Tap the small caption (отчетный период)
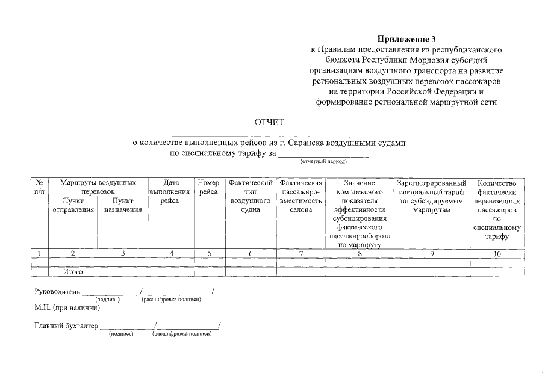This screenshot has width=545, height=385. [x=323, y=162]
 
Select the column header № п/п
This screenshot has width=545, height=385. [x=39, y=186]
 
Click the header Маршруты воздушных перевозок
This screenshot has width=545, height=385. [x=98, y=186]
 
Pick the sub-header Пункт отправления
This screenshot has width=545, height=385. [x=73, y=205]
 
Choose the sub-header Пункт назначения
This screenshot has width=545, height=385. [x=122, y=205]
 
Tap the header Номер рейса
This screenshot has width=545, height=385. [x=208, y=186]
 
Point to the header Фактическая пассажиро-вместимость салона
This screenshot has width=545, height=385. [x=301, y=196]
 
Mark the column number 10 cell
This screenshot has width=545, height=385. [x=497, y=254]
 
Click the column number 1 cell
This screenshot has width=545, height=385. [x=39, y=254]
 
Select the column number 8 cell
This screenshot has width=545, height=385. [x=360, y=254]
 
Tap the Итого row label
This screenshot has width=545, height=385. [x=73, y=272]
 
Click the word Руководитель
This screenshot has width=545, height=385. [x=57, y=292]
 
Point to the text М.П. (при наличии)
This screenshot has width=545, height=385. [x=67, y=308]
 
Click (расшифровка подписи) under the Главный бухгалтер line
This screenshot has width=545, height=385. [x=182, y=333]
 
